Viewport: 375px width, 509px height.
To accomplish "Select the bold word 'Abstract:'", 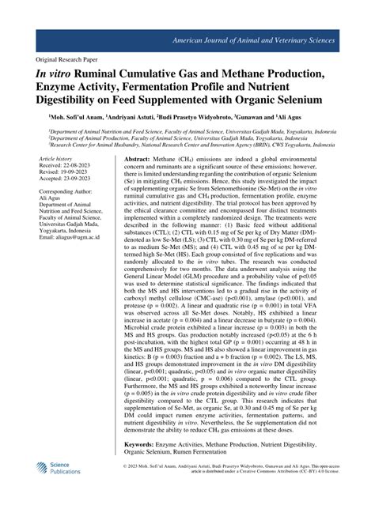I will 138,160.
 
